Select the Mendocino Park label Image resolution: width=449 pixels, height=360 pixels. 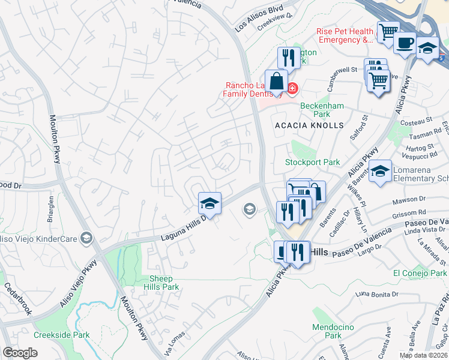pyautogui.click(x=327, y=331)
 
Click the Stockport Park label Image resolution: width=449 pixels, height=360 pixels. pyautogui.click(x=312, y=162)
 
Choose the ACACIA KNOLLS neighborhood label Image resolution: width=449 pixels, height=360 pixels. pyautogui.click(x=309, y=125)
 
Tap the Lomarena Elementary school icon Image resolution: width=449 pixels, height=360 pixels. pyautogui.click(x=381, y=171)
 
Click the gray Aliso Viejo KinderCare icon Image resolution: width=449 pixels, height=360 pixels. pyautogui.click(x=88, y=239)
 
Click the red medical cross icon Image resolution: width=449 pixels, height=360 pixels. pyautogui.click(x=292, y=89)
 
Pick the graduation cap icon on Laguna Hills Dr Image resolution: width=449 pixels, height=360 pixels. pyautogui.click(x=209, y=203)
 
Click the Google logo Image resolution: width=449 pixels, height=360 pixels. pyautogui.click(x=20, y=353)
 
